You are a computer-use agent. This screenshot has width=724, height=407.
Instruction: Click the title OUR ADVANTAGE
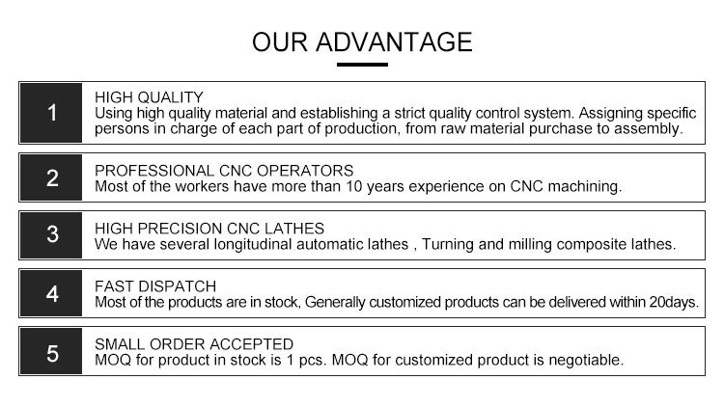(362, 42)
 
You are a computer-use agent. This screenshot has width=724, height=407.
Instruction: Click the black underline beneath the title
(362, 65)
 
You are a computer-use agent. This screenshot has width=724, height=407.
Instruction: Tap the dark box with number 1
(51, 113)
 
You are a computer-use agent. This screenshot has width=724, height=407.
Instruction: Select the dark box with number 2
(51, 177)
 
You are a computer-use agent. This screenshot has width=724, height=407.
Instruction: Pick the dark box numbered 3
(51, 235)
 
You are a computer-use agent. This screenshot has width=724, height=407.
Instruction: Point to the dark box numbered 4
(51, 293)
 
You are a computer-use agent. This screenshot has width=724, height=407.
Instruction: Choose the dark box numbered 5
(51, 351)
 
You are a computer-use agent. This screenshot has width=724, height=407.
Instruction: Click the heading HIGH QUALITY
(149, 97)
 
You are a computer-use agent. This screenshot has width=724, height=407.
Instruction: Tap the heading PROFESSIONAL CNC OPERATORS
(224, 171)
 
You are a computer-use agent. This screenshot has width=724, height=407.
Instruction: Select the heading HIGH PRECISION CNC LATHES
(209, 229)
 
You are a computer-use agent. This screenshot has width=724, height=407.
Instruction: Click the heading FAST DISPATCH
(155, 286)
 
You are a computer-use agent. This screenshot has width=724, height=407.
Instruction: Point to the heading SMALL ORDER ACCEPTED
(194, 344)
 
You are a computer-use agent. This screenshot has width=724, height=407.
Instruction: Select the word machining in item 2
(585, 187)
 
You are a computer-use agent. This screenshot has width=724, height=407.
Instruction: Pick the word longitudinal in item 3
(253, 244)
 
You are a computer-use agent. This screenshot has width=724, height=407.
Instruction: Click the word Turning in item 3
(447, 245)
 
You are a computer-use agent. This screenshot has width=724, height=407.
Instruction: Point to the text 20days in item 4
(674, 302)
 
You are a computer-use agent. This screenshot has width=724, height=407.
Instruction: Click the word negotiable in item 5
(586, 361)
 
